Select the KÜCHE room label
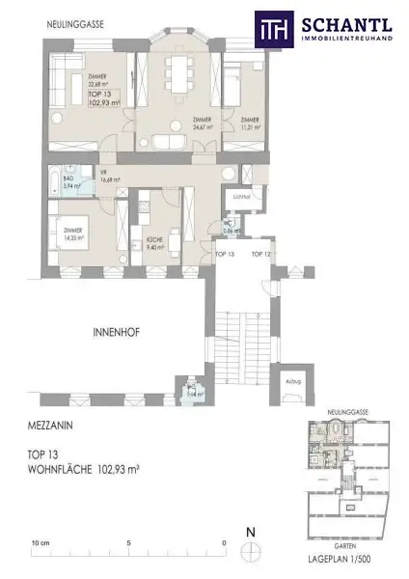[x=152, y=243]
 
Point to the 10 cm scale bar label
[x=41, y=542]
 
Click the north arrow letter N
[x=249, y=532]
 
